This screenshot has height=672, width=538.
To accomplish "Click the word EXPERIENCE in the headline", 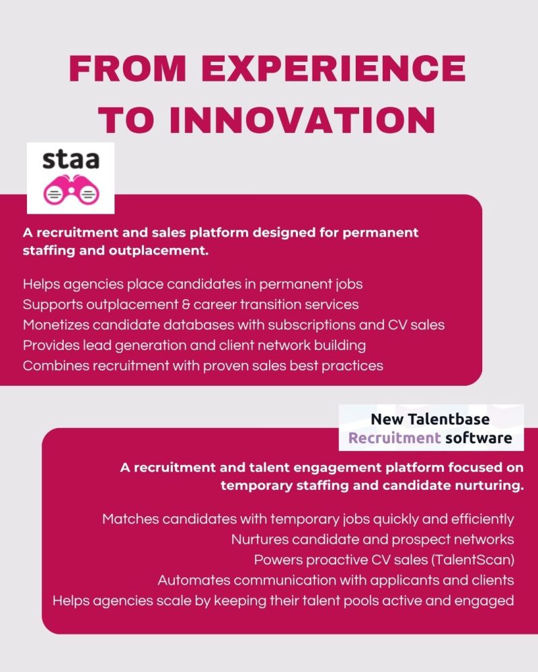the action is pos(334,68).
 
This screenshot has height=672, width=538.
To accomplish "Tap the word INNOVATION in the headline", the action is pos(303,120).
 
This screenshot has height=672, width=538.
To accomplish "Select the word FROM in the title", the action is pos(127,68).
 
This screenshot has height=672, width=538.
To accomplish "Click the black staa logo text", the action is pos(71,160).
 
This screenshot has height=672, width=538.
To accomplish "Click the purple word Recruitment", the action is pos(394,438).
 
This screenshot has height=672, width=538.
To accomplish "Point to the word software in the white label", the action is pos(479,438).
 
